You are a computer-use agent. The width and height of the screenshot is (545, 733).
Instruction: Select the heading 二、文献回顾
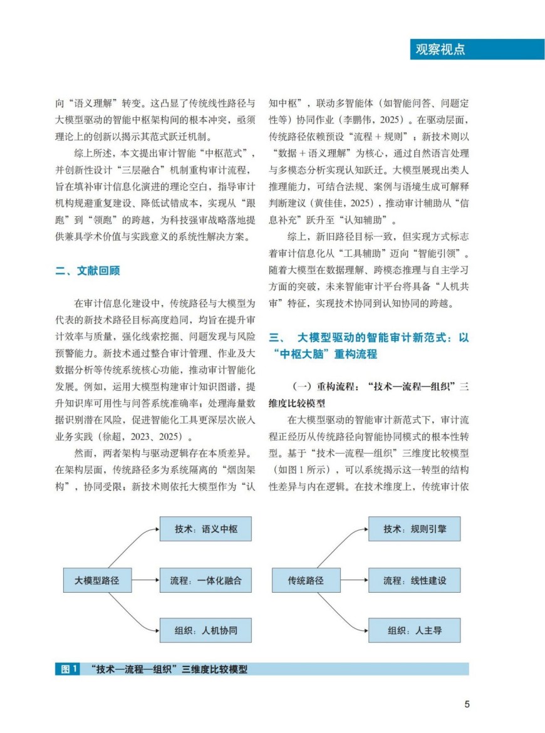tap(88, 271)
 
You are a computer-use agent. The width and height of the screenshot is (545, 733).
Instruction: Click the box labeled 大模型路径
tap(97, 581)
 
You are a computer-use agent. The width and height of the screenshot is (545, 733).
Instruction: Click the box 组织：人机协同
tap(206, 630)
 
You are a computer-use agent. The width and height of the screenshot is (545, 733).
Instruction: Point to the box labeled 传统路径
tap(306, 581)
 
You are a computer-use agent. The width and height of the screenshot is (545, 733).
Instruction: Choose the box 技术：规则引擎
tap(415, 529)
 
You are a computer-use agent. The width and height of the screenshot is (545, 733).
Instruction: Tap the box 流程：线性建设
tap(415, 581)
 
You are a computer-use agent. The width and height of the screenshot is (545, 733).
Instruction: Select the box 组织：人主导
tap(415, 630)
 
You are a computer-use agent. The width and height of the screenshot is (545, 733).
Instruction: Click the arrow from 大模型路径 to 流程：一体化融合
tap(145, 581)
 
